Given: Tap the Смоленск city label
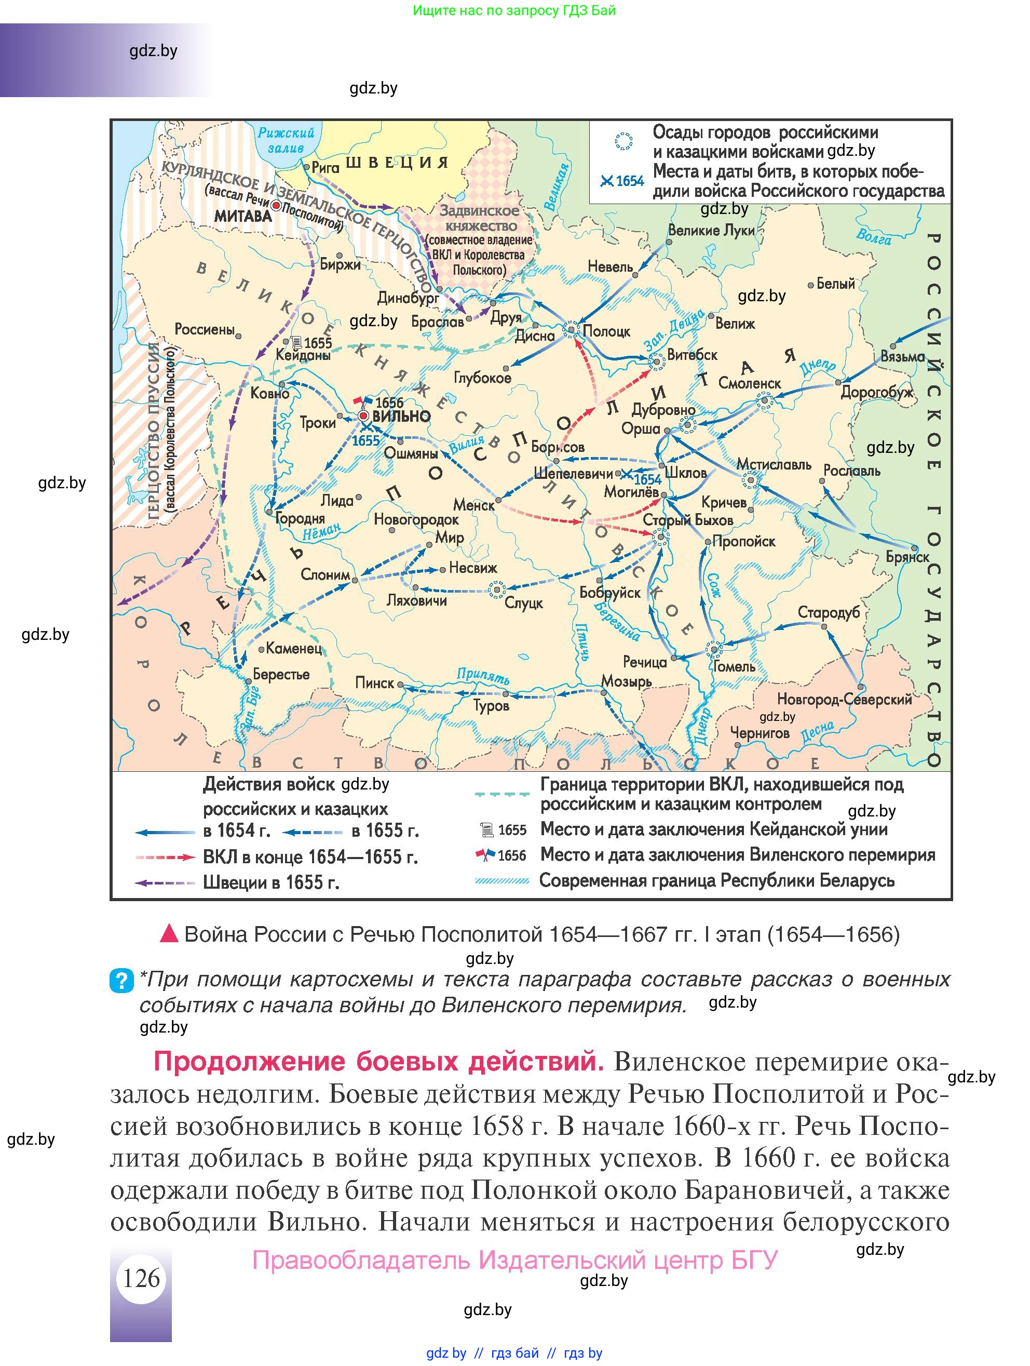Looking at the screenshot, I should pyautogui.click(x=749, y=383).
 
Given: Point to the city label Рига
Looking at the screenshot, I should pyautogui.click(x=325, y=166).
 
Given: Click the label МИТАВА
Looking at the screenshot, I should pyautogui.click(x=243, y=216).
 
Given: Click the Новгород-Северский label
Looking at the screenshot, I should pyautogui.click(x=844, y=699).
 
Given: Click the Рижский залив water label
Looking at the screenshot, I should pyautogui.click(x=286, y=140).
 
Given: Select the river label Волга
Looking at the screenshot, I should pyautogui.click(x=873, y=236).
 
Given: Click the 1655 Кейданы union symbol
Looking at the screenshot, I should pyautogui.click(x=296, y=342).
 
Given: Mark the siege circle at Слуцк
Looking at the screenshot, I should pyautogui.click(x=497, y=591).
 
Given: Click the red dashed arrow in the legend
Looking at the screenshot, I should pyautogui.click(x=165, y=857).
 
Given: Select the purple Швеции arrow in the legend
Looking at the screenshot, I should pyautogui.click(x=165, y=882).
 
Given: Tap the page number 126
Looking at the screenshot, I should pyautogui.click(x=141, y=1278).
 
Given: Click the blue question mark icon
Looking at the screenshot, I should pyautogui.click(x=121, y=980).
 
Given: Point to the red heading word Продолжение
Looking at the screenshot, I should pyautogui.click(x=249, y=1061).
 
